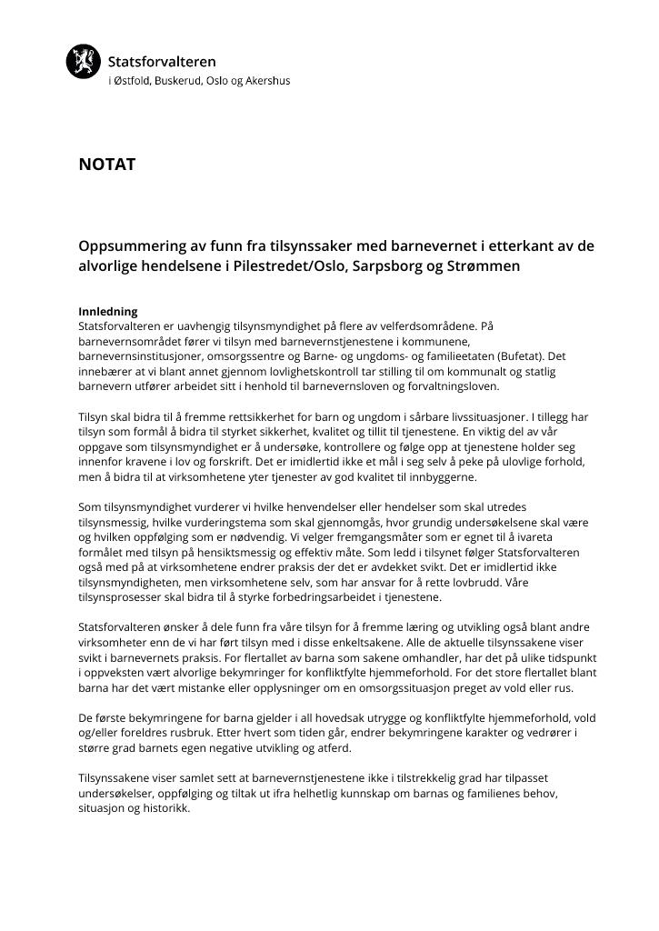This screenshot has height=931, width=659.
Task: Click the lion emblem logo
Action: point(83,62)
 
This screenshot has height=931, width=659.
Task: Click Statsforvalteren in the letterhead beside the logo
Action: point(162,62)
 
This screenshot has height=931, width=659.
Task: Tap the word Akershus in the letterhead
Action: point(268,81)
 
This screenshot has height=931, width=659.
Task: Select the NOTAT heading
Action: point(106,165)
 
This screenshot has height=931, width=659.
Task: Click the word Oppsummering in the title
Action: point(132,246)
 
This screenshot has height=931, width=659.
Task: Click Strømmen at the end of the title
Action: point(492,267)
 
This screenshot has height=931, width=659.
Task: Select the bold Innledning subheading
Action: point(107,312)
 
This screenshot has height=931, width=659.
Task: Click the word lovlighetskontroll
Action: point(282,372)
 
